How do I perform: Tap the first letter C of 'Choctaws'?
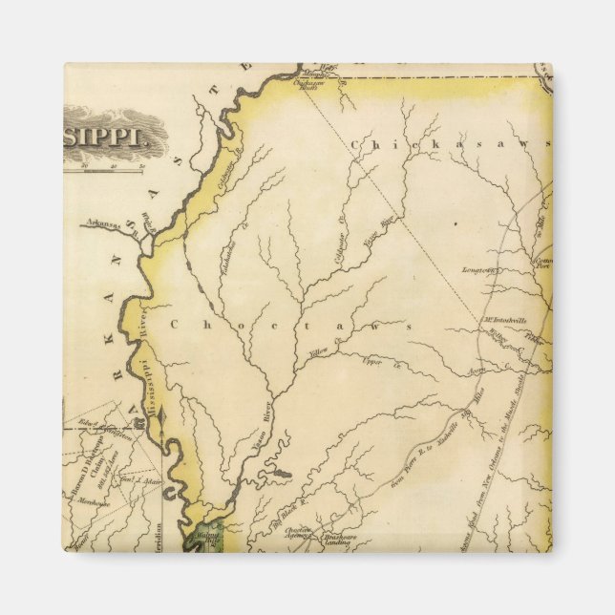tap(174, 325)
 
